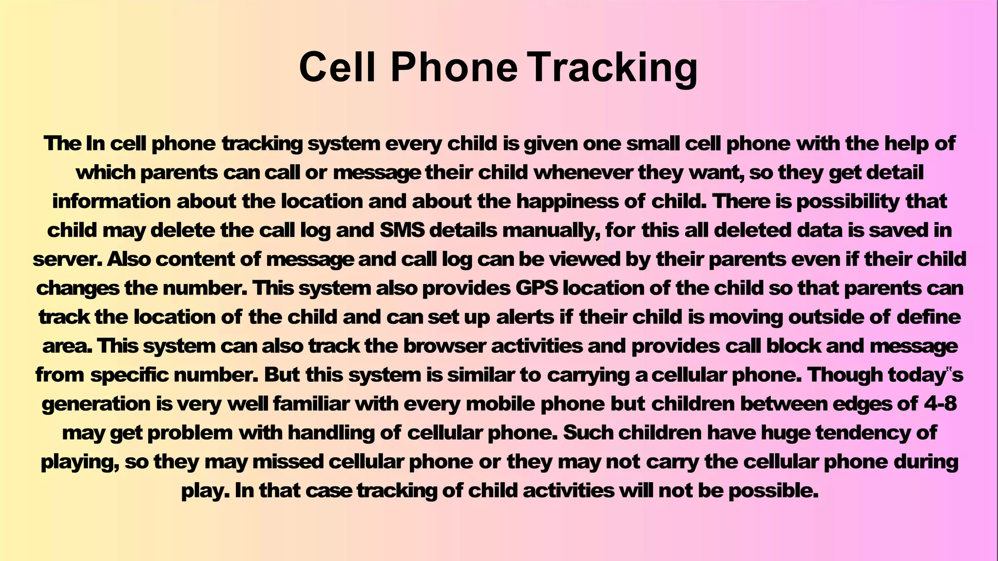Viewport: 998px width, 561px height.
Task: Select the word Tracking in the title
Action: point(614,68)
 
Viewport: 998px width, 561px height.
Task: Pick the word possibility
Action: point(847,202)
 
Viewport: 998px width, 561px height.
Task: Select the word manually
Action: point(551,230)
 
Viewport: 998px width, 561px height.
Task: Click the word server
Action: point(67,259)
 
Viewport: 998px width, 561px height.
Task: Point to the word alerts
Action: point(525,317)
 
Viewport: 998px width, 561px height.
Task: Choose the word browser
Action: point(444,346)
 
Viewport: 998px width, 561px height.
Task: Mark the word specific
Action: point(129,375)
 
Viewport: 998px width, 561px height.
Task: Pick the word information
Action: point(112,201)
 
